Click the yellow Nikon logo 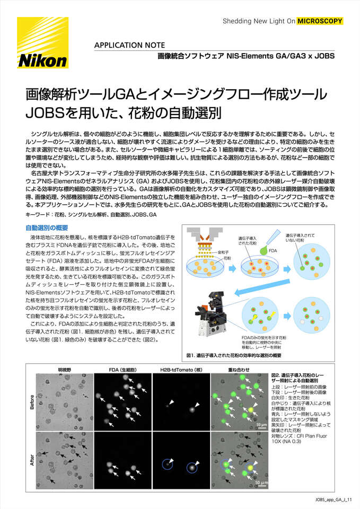pos(43,43)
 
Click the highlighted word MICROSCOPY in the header pos(320,21)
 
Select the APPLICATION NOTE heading pos(129,45)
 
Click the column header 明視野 pos(65,369)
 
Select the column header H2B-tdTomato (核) pos(181,369)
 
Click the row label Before pos(32,401)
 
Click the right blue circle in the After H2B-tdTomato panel pos(192,467)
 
